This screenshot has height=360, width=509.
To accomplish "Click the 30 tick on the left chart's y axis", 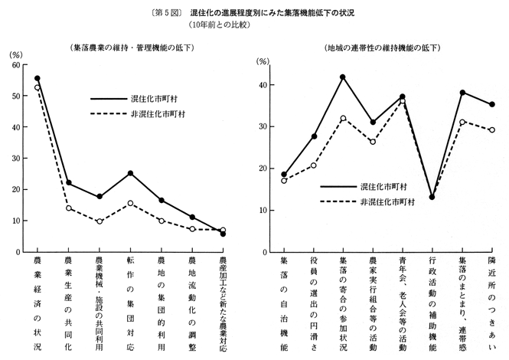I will click(x=15, y=158).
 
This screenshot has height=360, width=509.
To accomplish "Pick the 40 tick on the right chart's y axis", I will click(x=263, y=85).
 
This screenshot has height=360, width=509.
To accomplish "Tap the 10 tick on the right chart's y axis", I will click(x=263, y=210).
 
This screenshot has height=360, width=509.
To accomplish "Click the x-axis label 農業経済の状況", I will click(x=38, y=303).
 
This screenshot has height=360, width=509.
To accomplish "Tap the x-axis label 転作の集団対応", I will click(x=130, y=303).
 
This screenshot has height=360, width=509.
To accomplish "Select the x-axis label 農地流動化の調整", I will click(x=192, y=303).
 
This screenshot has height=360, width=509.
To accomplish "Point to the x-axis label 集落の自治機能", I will click(x=284, y=303).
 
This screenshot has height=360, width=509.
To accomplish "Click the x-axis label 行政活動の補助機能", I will click(x=432, y=303).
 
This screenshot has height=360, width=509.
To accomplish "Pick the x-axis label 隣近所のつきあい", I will click(x=492, y=303).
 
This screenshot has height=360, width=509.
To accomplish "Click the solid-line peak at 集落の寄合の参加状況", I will click(x=343, y=77).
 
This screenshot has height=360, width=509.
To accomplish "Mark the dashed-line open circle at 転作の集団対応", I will click(x=131, y=203).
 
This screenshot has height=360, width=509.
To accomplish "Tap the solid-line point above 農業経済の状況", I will click(x=38, y=78).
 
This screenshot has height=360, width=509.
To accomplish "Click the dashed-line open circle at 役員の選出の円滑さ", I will click(x=314, y=165).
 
